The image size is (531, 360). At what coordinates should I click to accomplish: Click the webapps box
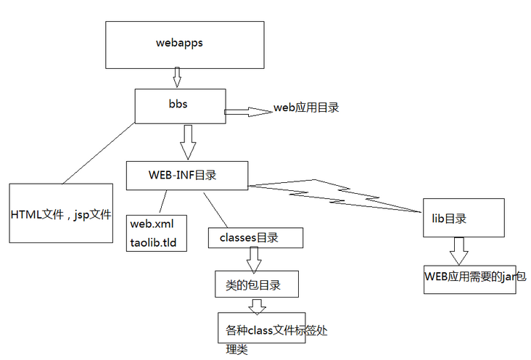179,43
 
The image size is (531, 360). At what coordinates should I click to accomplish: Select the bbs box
179,105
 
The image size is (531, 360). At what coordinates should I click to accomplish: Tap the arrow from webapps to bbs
176,76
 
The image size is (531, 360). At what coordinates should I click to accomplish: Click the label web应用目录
306,107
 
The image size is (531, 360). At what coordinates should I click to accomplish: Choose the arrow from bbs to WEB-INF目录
188,141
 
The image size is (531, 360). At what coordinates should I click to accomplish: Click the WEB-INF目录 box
187,176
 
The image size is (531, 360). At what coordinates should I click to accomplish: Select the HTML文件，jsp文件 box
62,213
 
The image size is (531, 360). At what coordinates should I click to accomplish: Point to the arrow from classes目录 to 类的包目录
254,258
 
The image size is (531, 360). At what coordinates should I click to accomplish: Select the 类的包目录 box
258,283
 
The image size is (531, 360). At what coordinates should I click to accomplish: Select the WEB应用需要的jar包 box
470,279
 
